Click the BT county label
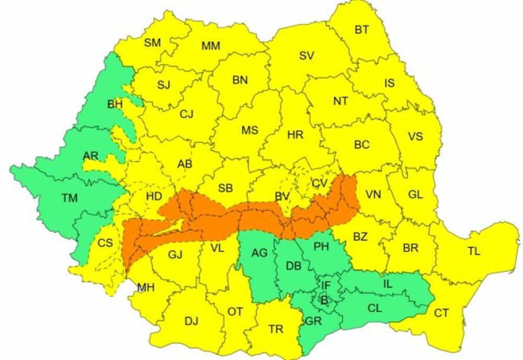pos(361,30)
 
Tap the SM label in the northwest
pos(152,43)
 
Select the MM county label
pos(211,46)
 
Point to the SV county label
pos(306,55)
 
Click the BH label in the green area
pos(115,105)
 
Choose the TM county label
pos(69,198)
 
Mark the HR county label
pos(295,135)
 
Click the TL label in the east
pos(474,251)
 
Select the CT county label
pos(441,313)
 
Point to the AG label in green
pos(259,253)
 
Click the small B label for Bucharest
pos(324,300)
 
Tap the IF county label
pos(326,285)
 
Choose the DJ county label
pos(191,321)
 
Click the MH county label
pos(145,287)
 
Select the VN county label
pos(373,195)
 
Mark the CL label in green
pos(374,308)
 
